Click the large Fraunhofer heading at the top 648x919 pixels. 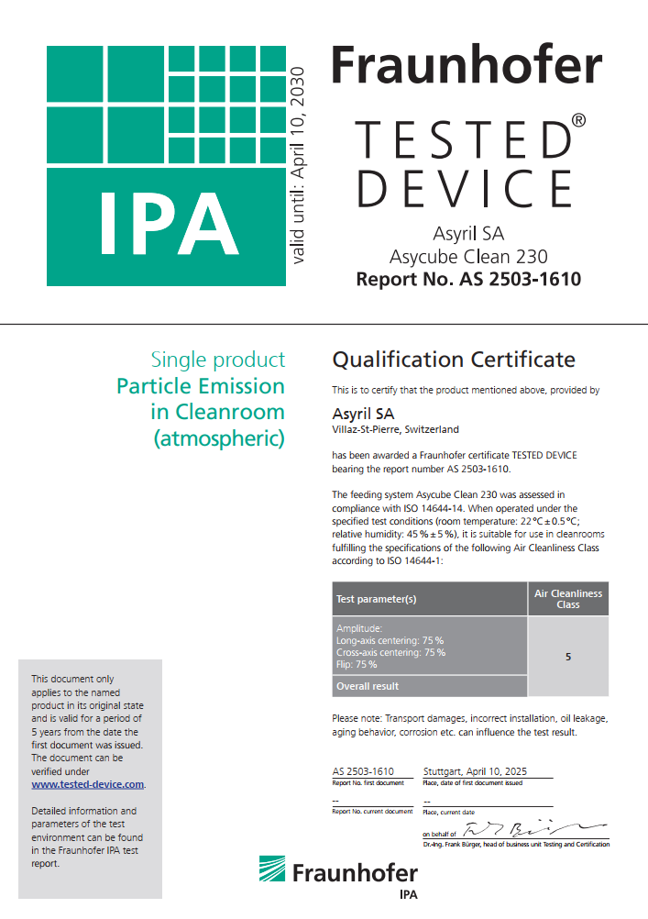coord(466,67)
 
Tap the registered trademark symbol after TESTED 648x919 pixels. coord(578,120)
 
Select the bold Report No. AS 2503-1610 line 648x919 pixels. coord(468,279)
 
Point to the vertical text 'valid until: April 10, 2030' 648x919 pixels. coord(297,166)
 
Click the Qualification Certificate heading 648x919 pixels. coord(454,359)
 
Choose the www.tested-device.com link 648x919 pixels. coord(88,784)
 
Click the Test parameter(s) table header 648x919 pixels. coord(377,599)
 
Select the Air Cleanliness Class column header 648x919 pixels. coord(568,599)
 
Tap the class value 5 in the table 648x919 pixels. coord(568,657)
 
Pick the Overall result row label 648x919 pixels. coord(368,686)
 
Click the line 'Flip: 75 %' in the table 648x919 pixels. coord(357,664)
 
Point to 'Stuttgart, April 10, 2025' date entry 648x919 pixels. coord(476,771)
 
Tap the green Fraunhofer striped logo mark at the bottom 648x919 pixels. coord(272,870)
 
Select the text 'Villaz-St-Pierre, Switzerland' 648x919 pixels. coord(395,429)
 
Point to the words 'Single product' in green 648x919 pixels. coord(218,360)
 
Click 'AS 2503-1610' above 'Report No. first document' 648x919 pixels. coord(363,771)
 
